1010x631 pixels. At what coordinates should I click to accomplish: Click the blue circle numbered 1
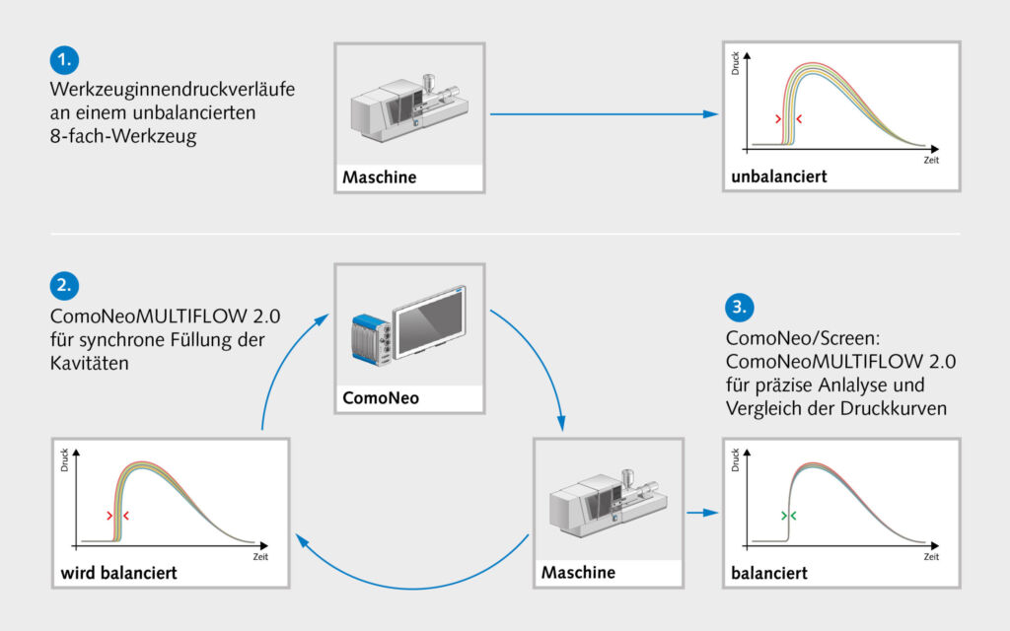(64, 60)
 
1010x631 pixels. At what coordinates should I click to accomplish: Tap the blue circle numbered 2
(64, 285)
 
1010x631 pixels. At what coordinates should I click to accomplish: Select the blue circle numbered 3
(740, 308)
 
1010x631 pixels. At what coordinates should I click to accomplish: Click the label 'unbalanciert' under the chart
(779, 176)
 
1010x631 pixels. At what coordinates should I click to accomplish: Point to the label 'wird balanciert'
(118, 573)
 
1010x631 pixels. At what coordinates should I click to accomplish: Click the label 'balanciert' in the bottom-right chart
(769, 573)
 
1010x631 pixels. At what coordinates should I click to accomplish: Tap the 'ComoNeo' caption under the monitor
(381, 398)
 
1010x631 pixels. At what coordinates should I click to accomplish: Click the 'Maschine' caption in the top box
(380, 177)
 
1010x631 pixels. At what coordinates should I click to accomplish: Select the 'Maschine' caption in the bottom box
(578, 573)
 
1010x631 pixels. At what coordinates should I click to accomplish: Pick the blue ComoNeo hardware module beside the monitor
(372, 340)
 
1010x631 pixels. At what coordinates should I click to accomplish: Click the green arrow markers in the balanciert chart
(788, 516)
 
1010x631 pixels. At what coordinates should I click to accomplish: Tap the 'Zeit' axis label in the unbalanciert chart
(931, 161)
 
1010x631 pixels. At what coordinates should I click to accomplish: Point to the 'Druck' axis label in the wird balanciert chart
(64, 459)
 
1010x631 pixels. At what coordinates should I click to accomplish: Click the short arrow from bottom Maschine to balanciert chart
(702, 513)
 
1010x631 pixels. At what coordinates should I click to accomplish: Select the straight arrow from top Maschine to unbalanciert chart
(605, 114)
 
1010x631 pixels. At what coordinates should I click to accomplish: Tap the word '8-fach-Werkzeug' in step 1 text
(123, 136)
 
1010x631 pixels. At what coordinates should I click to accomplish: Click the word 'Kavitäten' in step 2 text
(90, 363)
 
